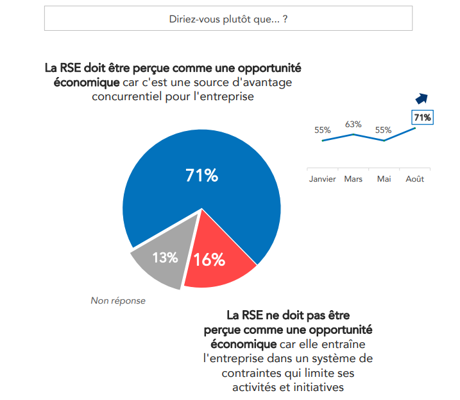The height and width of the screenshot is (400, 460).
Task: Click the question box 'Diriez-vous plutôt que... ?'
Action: pyautogui.click(x=228, y=19)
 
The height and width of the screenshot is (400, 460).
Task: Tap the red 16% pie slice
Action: pyautogui.click(x=218, y=257)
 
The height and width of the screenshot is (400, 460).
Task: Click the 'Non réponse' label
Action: pyautogui.click(x=118, y=300)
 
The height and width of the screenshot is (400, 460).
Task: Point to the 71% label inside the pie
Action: pyautogui.click(x=201, y=175)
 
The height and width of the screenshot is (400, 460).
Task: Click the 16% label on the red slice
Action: pyautogui.click(x=209, y=259)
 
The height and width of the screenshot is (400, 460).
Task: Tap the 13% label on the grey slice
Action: pyautogui.click(x=164, y=257)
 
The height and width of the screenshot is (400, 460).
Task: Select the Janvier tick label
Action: pyautogui.click(x=322, y=179)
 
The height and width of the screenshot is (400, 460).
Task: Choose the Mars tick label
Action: pyautogui.click(x=353, y=179)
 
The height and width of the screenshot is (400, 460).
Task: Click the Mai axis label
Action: pyautogui.click(x=384, y=179)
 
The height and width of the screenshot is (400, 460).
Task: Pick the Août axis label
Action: pyautogui.click(x=414, y=179)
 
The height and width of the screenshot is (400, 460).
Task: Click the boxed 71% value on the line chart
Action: pyautogui.click(x=422, y=117)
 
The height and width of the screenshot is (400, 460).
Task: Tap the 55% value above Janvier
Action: pyautogui.click(x=322, y=130)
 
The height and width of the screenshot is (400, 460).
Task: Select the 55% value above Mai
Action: pyautogui.click(x=383, y=130)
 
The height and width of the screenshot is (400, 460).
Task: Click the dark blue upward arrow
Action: pyautogui.click(x=422, y=98)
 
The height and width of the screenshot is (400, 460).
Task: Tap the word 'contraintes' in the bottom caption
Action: pyautogui.click(x=248, y=372)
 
